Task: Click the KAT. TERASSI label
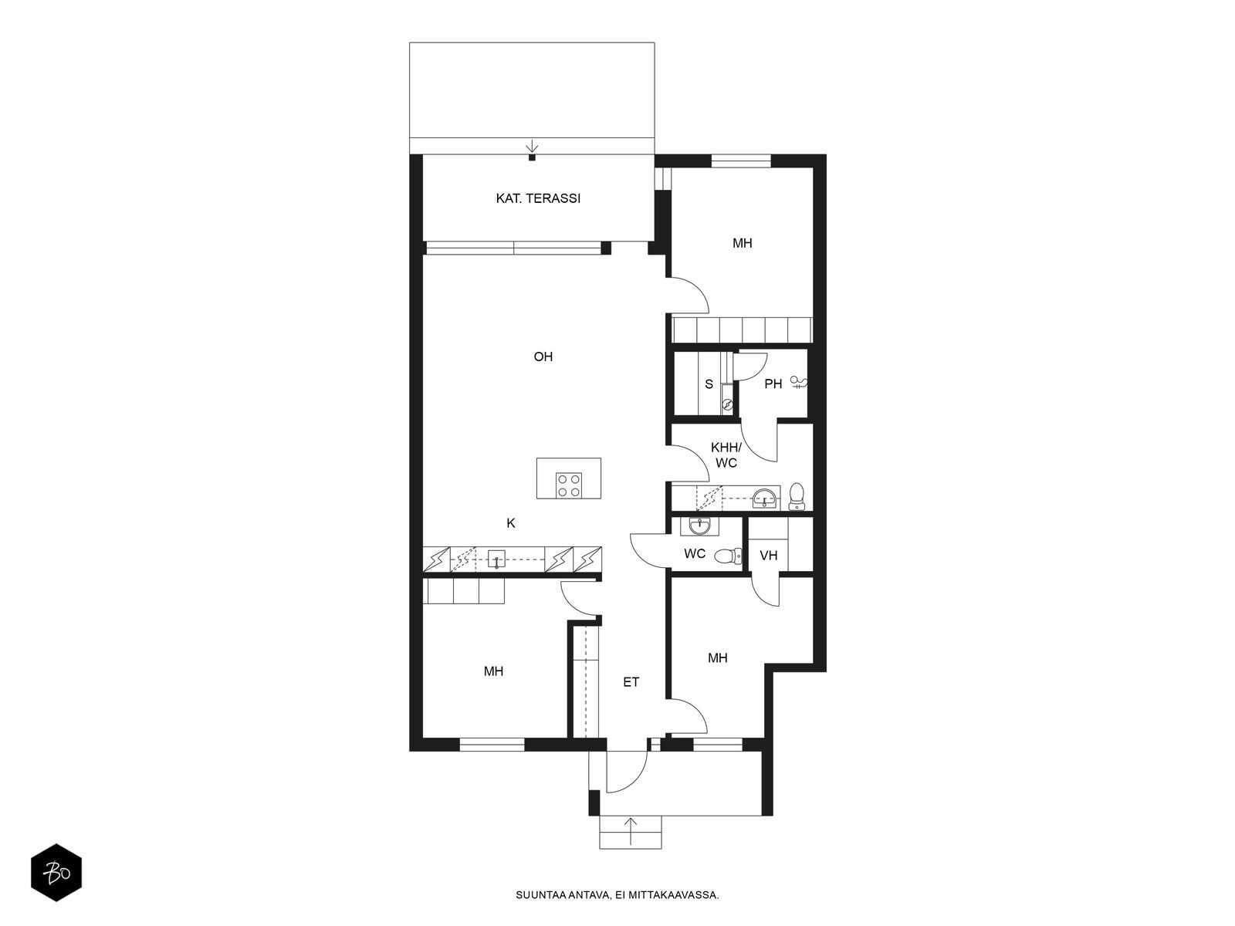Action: point(538,198)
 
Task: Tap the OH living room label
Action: point(543,357)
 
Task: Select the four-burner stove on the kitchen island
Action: point(568,485)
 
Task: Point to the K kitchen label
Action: point(511,523)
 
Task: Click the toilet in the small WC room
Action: point(729,556)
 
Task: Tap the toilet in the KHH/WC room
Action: point(797,496)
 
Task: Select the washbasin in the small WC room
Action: point(699,527)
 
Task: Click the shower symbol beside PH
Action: point(799,383)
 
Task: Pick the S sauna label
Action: point(709,384)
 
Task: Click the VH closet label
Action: point(769,556)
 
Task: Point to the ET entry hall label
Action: point(631,682)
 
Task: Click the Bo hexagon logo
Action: point(56,873)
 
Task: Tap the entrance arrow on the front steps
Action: point(631,832)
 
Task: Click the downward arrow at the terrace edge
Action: point(532,147)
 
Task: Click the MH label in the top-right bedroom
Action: point(742,243)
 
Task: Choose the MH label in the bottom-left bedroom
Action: point(493,671)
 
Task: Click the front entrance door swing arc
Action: point(636,781)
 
